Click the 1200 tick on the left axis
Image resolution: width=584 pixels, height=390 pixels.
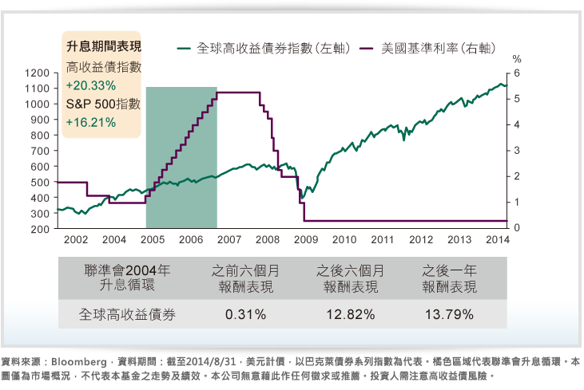(38, 73)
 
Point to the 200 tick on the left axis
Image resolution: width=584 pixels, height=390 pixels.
(41, 229)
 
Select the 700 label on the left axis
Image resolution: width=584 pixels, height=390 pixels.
(41, 151)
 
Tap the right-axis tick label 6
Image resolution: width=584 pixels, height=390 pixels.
(516, 73)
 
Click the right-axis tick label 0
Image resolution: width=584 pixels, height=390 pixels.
(516, 228)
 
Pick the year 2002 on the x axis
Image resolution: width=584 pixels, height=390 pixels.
(76, 239)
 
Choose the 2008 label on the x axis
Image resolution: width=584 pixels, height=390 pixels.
(267, 239)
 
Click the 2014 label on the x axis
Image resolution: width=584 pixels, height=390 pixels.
(497, 239)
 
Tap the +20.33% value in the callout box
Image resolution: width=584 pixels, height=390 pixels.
(90, 85)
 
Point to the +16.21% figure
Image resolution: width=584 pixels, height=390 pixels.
(90, 122)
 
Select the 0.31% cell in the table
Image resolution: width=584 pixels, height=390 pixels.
(245, 314)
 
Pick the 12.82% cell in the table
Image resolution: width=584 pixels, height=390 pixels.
(351, 314)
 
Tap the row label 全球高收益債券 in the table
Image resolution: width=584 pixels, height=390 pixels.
(128, 314)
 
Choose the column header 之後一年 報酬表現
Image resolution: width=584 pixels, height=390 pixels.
(451, 278)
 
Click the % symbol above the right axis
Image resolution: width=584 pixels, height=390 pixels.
(516, 59)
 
